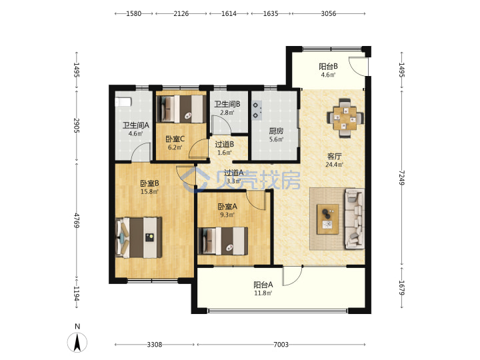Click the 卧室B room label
point(149,183)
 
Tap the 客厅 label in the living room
point(334,157)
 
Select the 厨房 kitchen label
point(276,131)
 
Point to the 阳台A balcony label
point(263,285)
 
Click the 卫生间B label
point(227,105)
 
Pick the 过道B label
point(225,144)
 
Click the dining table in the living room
point(345,118)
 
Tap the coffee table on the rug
point(327,219)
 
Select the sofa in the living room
point(355,219)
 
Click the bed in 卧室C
point(180,109)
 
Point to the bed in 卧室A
point(223,241)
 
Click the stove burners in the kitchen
point(257,110)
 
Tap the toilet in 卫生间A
point(123,101)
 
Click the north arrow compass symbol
point(77,341)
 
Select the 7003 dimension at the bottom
point(281,345)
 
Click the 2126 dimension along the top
point(181,14)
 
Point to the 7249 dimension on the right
point(401,177)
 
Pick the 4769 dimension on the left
point(77,221)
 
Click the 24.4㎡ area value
point(334,165)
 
